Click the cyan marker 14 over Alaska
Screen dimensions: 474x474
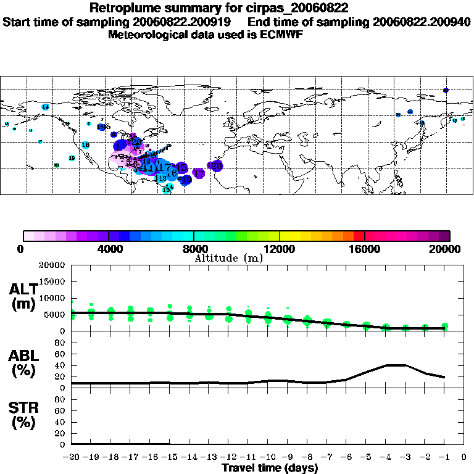[x=45, y=107]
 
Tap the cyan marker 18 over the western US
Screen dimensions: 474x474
[x=86, y=145]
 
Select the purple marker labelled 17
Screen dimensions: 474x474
[x=199, y=174]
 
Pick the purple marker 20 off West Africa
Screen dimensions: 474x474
[x=215, y=165]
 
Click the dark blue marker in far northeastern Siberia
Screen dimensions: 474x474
[x=446, y=91]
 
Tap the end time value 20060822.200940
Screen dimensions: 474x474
[x=422, y=22]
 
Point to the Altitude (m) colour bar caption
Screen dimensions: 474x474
[x=228, y=258]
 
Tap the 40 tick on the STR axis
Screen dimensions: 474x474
[x=60, y=422]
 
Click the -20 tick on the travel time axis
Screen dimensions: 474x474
[x=71, y=457]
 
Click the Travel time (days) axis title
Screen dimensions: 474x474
[x=270, y=468]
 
